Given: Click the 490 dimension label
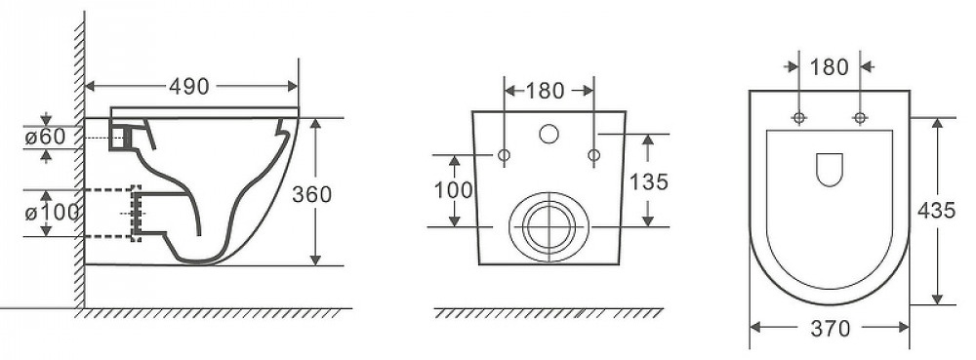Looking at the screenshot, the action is click(x=189, y=87).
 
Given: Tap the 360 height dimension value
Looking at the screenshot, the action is click(x=312, y=194).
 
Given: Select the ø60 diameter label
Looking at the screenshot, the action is click(x=45, y=137).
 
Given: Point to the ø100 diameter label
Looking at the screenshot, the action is click(x=53, y=213).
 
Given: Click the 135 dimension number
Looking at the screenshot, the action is click(x=649, y=181).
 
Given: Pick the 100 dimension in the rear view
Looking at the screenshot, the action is click(x=454, y=190).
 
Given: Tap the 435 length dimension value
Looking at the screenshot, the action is click(x=936, y=211).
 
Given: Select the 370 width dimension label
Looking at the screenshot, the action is click(x=831, y=328).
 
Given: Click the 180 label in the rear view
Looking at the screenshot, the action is click(x=546, y=91).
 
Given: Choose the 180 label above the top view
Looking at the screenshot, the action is click(x=830, y=67).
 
